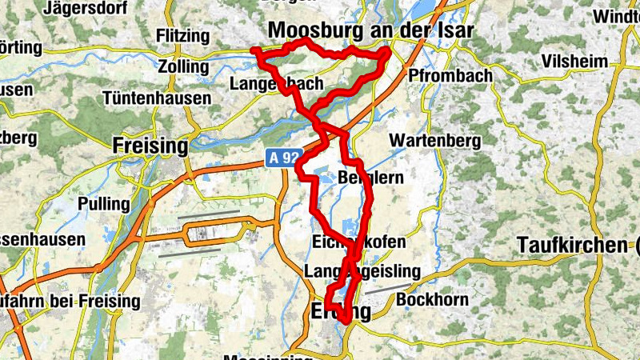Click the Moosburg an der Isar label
pos(371,30)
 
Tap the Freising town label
pos(150,146)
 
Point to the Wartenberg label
pos(434,141)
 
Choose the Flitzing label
pos(183,37)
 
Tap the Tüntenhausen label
pos(157,98)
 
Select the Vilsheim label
pos(574,62)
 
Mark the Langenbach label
pos(276,83)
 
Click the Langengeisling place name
pos(362,272)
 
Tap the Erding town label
pos(341,310)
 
